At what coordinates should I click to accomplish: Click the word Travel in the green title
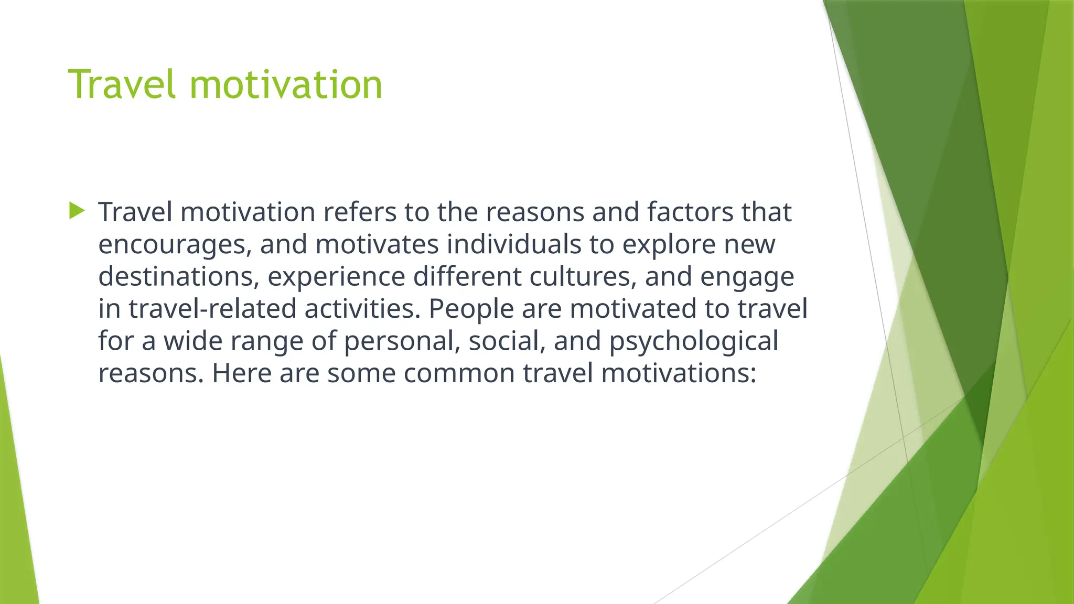[x=122, y=85]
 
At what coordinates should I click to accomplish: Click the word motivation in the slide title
[x=286, y=85]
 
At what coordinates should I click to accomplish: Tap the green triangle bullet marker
[x=77, y=211]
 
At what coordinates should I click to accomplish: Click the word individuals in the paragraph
[x=513, y=244]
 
